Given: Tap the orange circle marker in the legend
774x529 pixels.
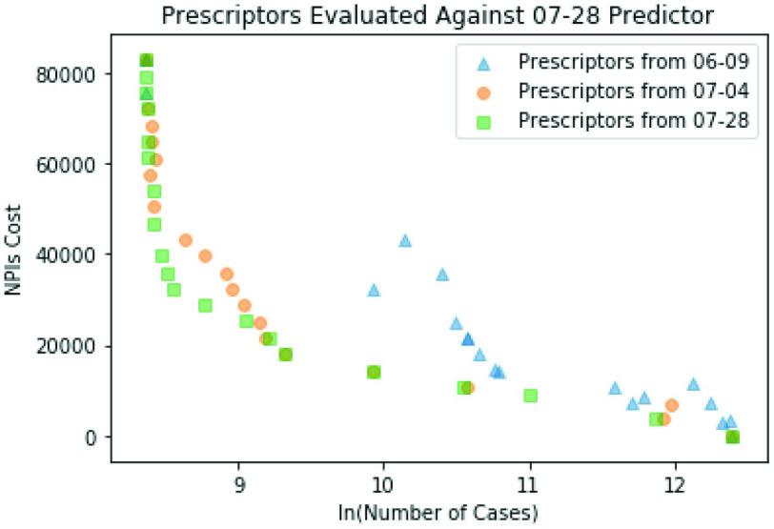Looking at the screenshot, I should [x=483, y=92].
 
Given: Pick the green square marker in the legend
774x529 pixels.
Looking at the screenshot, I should [x=483, y=122].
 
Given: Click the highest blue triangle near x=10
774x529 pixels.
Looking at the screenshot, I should [x=405, y=240].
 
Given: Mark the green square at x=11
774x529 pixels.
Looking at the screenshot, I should [x=531, y=396].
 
